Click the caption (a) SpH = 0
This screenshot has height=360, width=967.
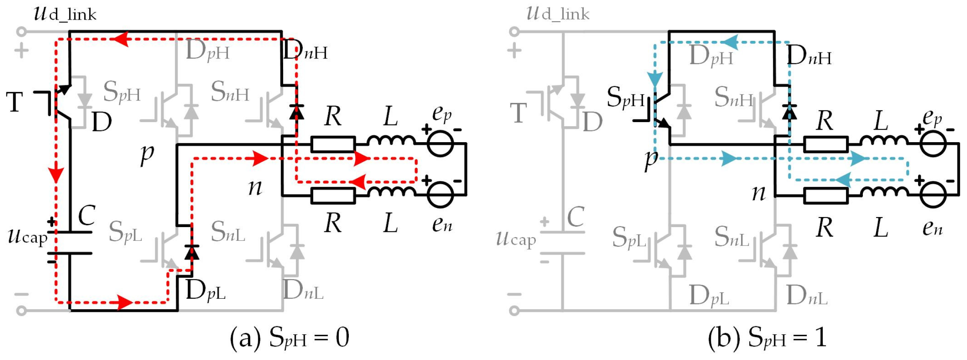[x=289, y=338]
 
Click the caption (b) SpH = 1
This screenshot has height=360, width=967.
[x=767, y=338]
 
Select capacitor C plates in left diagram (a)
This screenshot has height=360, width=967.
[x=70, y=243]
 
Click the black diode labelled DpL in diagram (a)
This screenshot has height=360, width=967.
[x=192, y=252]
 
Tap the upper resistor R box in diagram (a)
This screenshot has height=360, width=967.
[x=333, y=144]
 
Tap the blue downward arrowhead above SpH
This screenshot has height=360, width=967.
[x=655, y=79]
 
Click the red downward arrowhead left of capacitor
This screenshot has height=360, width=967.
[x=56, y=175]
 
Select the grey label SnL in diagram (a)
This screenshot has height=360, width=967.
[x=228, y=232]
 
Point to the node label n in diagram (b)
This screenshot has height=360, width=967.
[x=759, y=193]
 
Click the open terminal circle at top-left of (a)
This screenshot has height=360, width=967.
[x=22, y=31]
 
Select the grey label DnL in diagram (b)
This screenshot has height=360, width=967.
[x=806, y=296]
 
